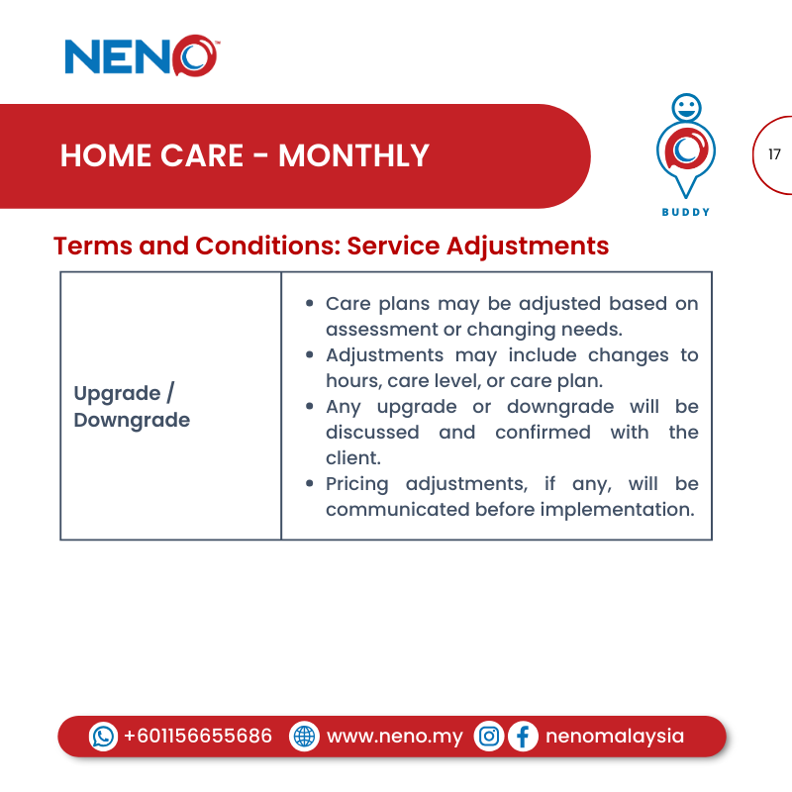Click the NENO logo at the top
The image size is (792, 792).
(141, 56)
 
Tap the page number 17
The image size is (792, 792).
(774, 154)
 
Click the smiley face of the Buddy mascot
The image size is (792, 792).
(685, 106)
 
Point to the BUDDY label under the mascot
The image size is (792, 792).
(685, 212)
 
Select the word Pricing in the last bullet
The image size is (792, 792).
(360, 484)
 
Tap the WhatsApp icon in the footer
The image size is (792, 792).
(103, 737)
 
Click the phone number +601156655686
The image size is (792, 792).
(198, 737)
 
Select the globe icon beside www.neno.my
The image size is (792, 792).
(304, 737)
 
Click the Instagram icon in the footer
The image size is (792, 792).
(489, 737)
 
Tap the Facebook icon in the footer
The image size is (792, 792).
(523, 737)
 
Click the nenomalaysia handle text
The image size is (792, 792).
(614, 737)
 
